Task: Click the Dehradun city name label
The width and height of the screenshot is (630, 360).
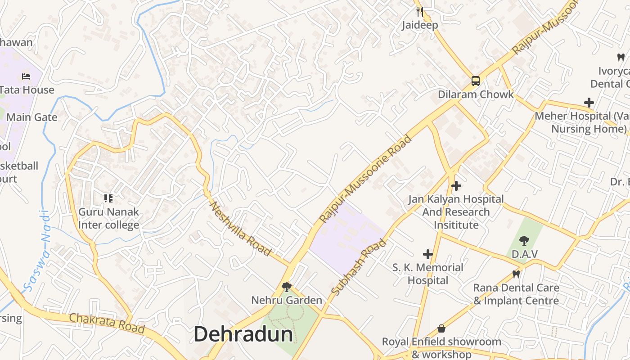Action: [x=243, y=334]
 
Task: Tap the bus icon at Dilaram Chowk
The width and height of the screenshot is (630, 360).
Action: [x=475, y=81]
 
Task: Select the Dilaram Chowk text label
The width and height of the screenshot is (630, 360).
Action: [x=476, y=94]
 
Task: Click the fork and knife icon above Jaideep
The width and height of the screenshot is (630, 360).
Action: [x=419, y=11]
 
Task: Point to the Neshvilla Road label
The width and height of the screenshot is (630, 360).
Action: [x=240, y=229]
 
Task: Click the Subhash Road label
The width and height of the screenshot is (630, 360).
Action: [x=359, y=267]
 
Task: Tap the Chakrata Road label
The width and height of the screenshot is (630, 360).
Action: [x=107, y=323]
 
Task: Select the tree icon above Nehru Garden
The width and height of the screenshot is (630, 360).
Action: [x=286, y=287]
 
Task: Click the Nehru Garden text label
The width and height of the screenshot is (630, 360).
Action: [x=286, y=300]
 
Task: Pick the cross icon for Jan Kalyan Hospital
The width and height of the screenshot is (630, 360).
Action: [x=456, y=185]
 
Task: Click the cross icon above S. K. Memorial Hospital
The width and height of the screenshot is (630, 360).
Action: [x=427, y=254]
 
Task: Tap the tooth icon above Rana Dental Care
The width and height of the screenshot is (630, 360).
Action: [x=516, y=274]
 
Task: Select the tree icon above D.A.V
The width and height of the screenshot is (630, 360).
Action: [x=524, y=241]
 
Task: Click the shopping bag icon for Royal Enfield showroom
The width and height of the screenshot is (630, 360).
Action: [x=441, y=328]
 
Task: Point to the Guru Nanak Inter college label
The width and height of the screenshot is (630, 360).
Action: [x=108, y=218]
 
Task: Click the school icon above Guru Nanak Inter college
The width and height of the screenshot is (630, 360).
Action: [x=108, y=198]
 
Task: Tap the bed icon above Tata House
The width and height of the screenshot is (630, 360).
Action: [x=26, y=76]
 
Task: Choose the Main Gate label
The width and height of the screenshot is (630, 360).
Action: [x=32, y=117]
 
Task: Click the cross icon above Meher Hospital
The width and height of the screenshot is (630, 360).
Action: [x=589, y=103]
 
